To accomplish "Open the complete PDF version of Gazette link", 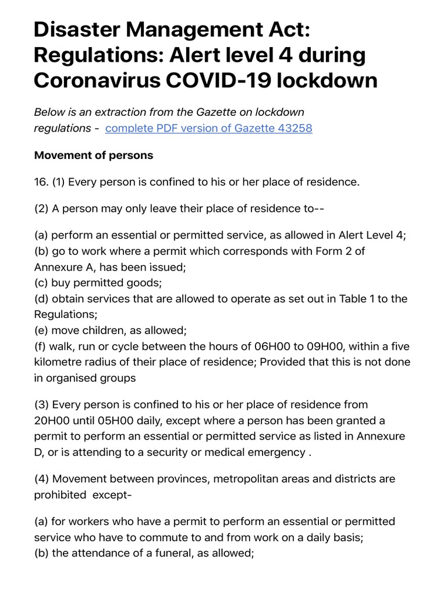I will [208, 128].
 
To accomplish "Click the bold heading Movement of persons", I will [94, 155].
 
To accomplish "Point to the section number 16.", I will [41, 182].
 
